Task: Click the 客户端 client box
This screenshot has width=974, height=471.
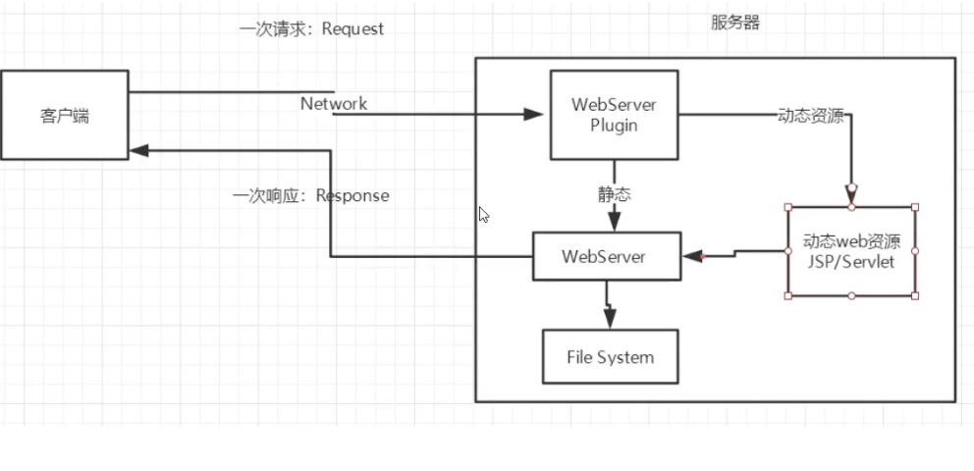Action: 64,115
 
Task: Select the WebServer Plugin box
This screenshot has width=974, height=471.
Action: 615,115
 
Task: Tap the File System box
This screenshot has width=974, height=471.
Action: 610,356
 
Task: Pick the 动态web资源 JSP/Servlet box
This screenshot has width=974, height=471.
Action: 851,251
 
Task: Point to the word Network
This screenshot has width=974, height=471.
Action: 334,103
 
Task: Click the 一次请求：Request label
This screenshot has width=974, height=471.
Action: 311,29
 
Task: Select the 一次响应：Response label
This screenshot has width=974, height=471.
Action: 311,196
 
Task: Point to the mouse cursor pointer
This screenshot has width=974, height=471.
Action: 483,214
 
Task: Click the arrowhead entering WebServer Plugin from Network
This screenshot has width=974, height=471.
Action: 533,115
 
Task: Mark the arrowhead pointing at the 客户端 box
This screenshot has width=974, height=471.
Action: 139,151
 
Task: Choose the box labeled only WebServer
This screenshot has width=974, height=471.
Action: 604,256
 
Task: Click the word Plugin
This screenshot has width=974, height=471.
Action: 615,126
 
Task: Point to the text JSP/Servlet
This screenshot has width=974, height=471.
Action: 851,263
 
